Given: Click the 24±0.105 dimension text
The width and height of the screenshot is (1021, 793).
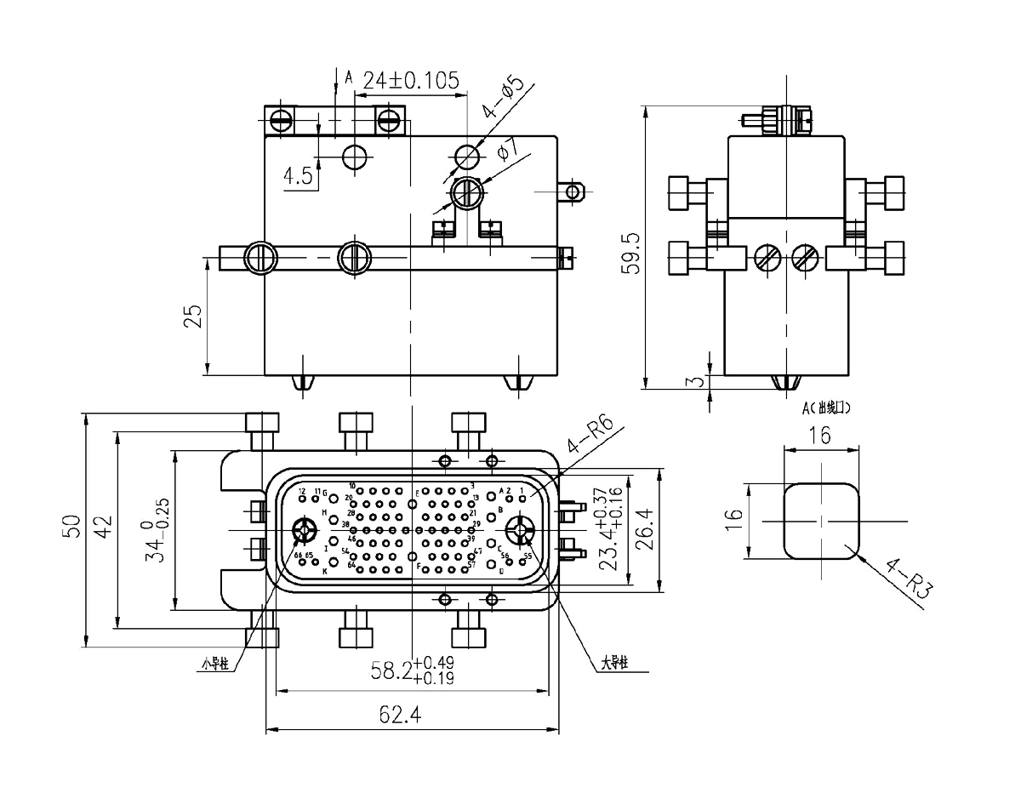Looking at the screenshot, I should point(412,81).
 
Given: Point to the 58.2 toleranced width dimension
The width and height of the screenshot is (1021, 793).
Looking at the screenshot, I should point(412,673).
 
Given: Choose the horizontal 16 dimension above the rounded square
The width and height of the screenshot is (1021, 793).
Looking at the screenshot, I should point(819,437).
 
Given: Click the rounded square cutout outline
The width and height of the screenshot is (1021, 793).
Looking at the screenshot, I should point(820,521).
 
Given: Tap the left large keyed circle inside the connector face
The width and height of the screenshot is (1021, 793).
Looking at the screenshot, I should point(305,532).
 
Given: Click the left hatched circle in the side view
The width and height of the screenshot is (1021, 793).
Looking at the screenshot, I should point(764,257).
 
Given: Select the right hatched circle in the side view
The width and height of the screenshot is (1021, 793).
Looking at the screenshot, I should point(802,257).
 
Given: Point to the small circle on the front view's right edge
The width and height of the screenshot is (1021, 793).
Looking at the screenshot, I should point(573,191).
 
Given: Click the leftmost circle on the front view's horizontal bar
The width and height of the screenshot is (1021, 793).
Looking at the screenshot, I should point(260,257).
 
